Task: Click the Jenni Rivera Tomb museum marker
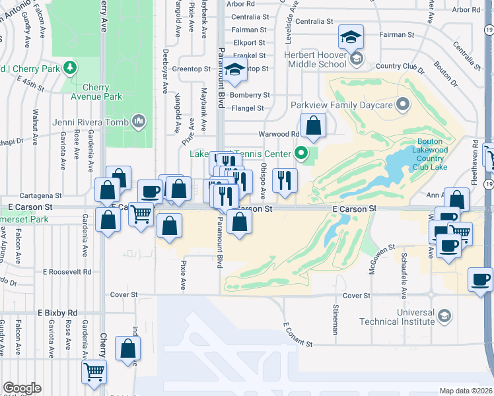click(139, 121)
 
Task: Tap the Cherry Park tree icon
click(69, 67)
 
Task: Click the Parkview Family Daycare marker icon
click(402, 105)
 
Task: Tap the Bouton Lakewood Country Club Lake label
click(433, 154)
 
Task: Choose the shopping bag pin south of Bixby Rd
click(127, 348)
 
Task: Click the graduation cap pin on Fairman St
click(351, 36)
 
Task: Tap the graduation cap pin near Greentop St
click(234, 70)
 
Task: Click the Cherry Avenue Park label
click(96, 92)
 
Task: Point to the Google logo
click(22, 388)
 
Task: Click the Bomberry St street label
click(250, 95)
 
